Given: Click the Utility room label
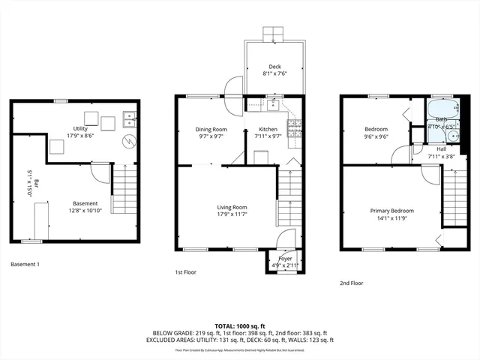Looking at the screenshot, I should pos(80,128).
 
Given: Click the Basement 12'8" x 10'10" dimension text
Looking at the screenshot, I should pos(85,211).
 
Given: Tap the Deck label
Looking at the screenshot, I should pos(275,66).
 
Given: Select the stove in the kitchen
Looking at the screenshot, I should pos(295,123).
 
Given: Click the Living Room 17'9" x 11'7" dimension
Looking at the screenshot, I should pos(232,214).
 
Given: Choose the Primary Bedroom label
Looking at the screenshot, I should pos(391,210).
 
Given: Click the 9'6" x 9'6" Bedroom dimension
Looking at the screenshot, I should pos(375,137).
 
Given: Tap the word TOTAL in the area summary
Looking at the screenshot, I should pos(224,326).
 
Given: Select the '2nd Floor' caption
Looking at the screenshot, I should pos(351,283).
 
